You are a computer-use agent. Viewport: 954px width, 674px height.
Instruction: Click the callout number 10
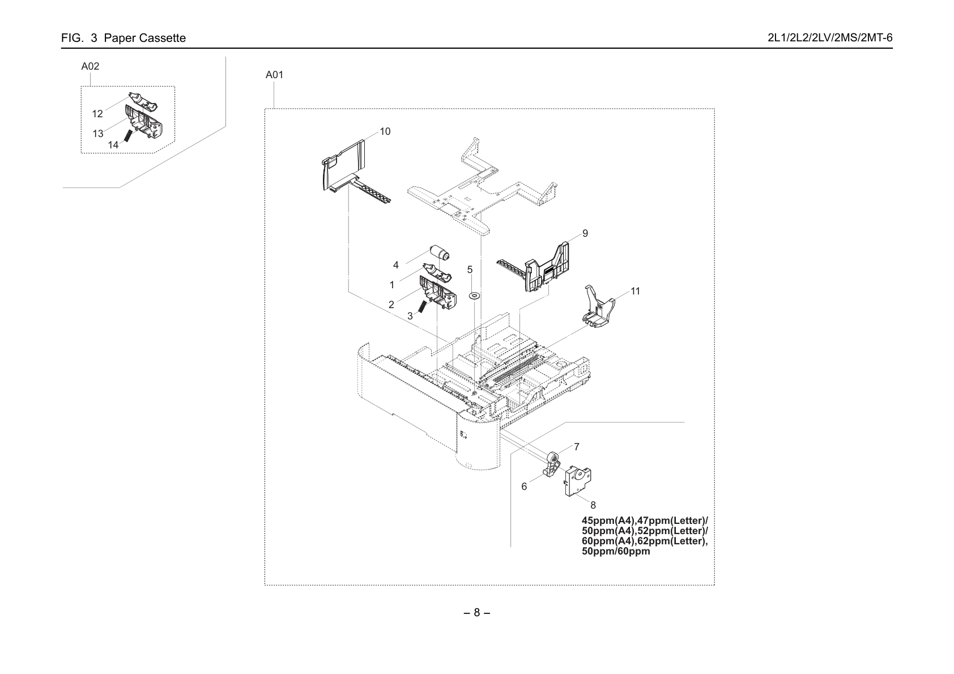click(385, 131)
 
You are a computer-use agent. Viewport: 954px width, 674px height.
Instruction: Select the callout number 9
click(585, 233)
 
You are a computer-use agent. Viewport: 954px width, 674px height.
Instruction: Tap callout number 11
click(635, 291)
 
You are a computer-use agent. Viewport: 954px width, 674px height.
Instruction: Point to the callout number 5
click(470, 270)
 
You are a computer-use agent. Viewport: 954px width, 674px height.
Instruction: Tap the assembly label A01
click(274, 75)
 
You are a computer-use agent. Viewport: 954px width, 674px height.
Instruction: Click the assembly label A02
click(90, 66)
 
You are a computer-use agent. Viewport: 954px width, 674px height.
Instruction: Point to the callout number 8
click(593, 505)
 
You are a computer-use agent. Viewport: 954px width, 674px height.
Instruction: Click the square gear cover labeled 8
click(578, 481)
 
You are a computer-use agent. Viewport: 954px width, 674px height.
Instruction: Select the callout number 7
click(577, 447)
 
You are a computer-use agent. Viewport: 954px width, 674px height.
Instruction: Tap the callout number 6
click(524, 487)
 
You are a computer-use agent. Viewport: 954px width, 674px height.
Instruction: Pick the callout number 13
click(98, 134)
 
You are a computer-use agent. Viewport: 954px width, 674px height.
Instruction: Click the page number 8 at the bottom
click(476, 613)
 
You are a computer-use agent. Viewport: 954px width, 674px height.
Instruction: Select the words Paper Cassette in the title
click(145, 39)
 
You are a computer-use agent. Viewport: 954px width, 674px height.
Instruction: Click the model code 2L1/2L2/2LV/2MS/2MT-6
click(830, 38)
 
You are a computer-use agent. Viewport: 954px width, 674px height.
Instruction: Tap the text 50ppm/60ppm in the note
click(616, 551)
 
